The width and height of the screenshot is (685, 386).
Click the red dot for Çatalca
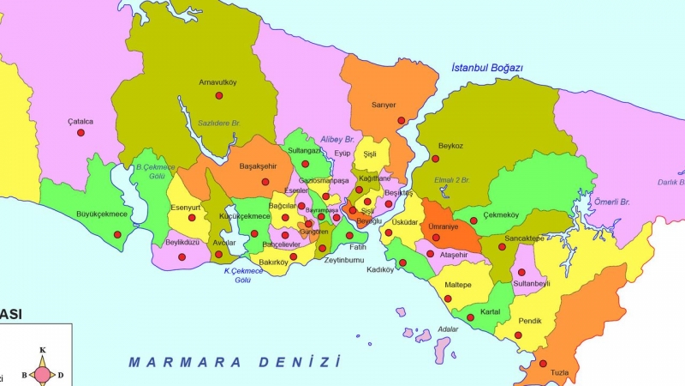tap(80, 133)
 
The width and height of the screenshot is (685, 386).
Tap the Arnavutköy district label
tap(217, 83)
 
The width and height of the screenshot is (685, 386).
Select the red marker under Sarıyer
tap(401, 121)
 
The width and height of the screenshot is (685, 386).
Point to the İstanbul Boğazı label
tap(487, 68)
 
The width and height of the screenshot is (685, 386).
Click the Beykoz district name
tap(450, 146)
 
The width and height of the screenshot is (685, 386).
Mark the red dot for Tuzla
tap(543, 363)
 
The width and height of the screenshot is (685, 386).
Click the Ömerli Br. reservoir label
tap(612, 202)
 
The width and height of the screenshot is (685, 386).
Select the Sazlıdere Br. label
tap(219, 123)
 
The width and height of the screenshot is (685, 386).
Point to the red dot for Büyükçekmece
tap(117, 234)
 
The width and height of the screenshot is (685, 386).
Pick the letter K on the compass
tap(43, 350)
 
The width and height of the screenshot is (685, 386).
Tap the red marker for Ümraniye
tap(436, 238)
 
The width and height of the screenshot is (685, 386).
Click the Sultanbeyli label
tap(531, 282)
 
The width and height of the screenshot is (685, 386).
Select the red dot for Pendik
tap(517, 335)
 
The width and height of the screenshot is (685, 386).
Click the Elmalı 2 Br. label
tap(453, 180)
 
